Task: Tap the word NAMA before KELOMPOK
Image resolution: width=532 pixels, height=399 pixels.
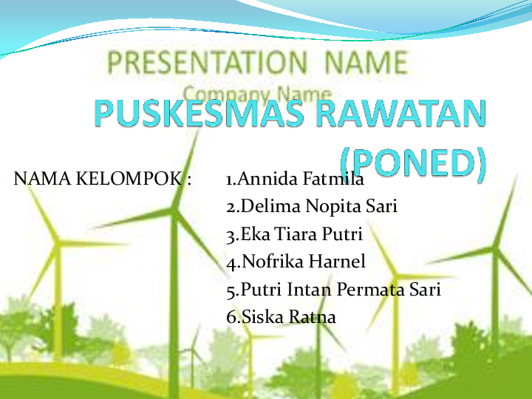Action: [x=43, y=179]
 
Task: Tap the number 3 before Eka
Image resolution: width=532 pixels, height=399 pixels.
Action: [x=231, y=236]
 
